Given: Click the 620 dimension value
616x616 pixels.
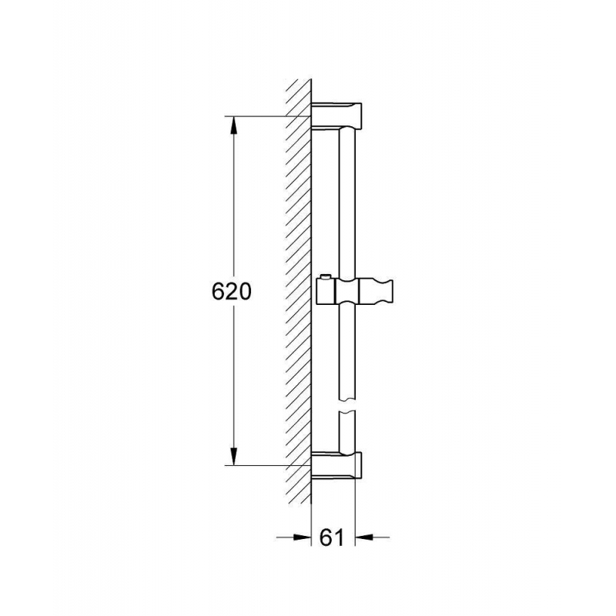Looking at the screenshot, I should tap(231, 292).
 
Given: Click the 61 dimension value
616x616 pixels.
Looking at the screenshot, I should tap(332, 537).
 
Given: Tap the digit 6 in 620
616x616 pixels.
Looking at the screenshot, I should tap(218, 292).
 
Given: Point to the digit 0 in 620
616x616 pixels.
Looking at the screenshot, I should tap(244, 292).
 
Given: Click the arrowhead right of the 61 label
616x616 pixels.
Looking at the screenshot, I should tap(363, 537).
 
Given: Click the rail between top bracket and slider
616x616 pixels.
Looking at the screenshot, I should tap(349, 200).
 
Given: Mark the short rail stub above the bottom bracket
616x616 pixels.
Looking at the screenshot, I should tap(349, 431).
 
